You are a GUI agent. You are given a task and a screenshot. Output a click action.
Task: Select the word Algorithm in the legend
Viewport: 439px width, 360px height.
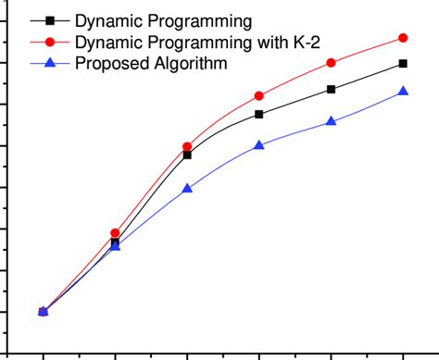[x=185, y=64]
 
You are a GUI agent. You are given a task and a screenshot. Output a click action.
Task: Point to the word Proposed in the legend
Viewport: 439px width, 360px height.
[x=108, y=64]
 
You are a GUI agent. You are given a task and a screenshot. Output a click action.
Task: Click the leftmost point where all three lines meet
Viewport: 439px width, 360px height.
[x=43, y=312]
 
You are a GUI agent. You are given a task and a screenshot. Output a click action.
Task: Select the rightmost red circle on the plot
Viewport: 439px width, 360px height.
[x=403, y=38]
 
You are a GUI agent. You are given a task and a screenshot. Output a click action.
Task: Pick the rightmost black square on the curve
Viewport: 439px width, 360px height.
[x=403, y=63]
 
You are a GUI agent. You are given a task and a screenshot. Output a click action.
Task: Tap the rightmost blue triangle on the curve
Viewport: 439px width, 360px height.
[x=403, y=91]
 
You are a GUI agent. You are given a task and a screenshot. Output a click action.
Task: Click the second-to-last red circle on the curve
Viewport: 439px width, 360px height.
[x=332, y=63]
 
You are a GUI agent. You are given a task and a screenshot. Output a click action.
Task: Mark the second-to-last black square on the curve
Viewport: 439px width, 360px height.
[x=332, y=89]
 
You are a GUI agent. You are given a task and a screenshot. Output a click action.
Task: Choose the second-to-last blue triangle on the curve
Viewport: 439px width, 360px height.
[x=332, y=121]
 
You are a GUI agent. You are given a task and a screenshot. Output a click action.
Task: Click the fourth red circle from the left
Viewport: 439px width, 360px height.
[x=259, y=96]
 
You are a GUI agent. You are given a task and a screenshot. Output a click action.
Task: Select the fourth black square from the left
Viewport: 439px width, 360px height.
[x=259, y=114]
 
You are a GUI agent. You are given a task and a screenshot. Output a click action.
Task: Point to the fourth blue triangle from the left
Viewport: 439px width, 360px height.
[x=259, y=145]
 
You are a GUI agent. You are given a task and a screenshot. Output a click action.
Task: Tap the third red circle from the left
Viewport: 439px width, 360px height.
[x=187, y=147]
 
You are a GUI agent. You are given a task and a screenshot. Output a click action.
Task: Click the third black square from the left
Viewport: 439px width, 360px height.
[x=187, y=155]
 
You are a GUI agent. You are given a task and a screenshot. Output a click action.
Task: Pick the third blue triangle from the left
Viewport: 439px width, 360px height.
[x=187, y=188]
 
